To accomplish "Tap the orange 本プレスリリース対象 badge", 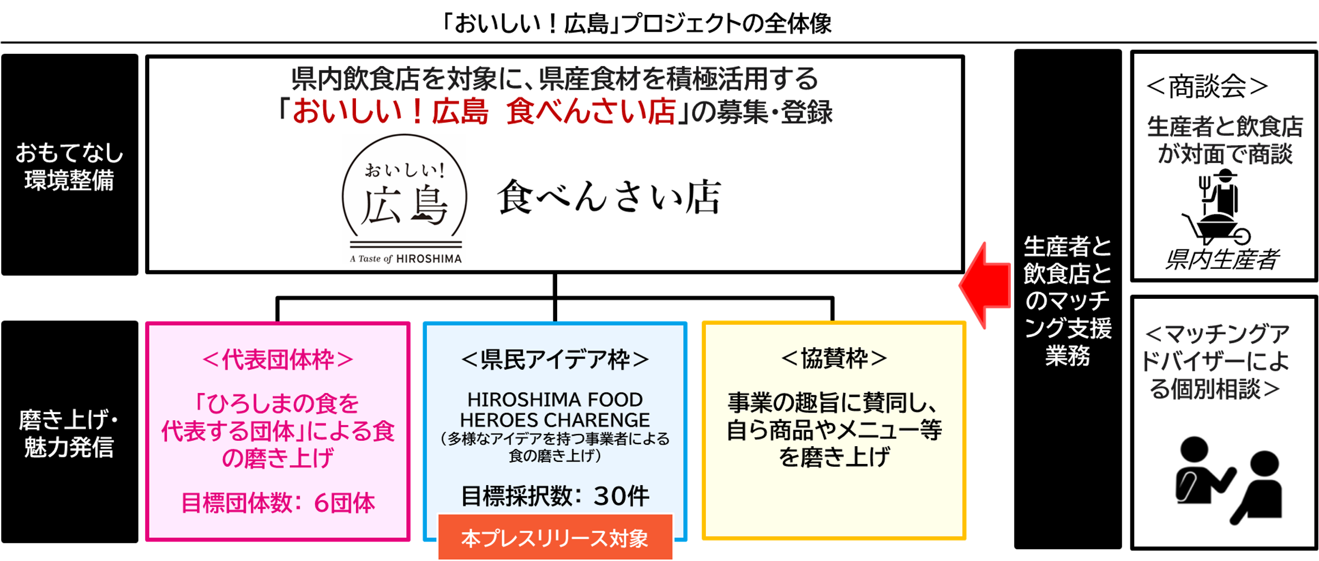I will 555,537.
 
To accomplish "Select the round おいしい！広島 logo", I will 405,197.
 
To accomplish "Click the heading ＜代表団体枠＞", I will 278,360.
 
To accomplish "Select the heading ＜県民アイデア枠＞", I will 555,360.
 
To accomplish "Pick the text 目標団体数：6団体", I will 278,503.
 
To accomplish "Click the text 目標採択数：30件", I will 555,496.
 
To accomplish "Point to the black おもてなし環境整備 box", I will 70,165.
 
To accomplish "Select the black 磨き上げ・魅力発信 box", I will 70,432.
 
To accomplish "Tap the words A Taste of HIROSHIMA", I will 406,259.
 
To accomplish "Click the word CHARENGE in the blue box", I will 602,420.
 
